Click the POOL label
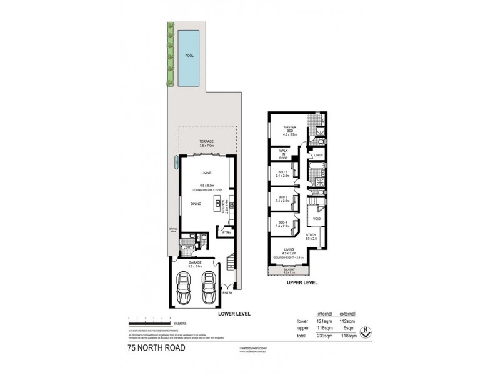(x=189, y=56)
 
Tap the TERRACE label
(x=206, y=142)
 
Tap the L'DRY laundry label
(x=186, y=248)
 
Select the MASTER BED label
(x=289, y=130)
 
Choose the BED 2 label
(x=282, y=173)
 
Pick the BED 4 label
(x=282, y=224)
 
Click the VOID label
(x=316, y=219)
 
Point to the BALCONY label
(x=288, y=270)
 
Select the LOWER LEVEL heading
(x=234, y=313)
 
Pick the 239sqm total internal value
(x=324, y=336)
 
